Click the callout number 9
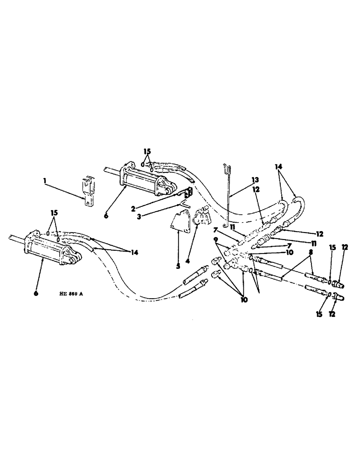pyautogui.click(x=215, y=240)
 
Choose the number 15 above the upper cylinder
pyautogui.click(x=147, y=151)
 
